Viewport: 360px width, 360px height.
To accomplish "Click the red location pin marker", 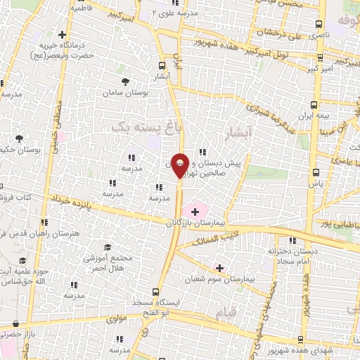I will coord(180,166).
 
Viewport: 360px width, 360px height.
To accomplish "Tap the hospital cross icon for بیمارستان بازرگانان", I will coord(195,211).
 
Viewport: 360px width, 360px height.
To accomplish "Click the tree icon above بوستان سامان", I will coord(125,82).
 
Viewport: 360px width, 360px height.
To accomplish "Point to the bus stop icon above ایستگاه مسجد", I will coord(157,291).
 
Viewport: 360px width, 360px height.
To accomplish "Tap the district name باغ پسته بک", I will coord(140,127).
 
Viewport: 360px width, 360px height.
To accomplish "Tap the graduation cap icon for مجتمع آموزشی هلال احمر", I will coord(108,247).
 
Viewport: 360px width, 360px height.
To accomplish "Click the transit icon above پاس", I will coord(316,171).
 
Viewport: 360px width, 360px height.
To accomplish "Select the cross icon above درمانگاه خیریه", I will coord(63,34).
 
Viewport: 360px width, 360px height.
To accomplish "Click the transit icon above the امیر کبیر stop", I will coord(321,58).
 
